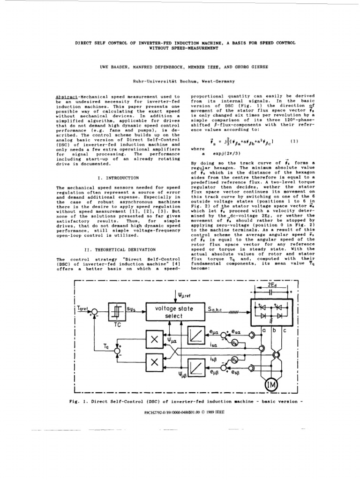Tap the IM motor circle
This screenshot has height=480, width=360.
[271, 385]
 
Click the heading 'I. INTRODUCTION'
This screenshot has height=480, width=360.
[117, 178]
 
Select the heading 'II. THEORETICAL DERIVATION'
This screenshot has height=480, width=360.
[118, 249]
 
